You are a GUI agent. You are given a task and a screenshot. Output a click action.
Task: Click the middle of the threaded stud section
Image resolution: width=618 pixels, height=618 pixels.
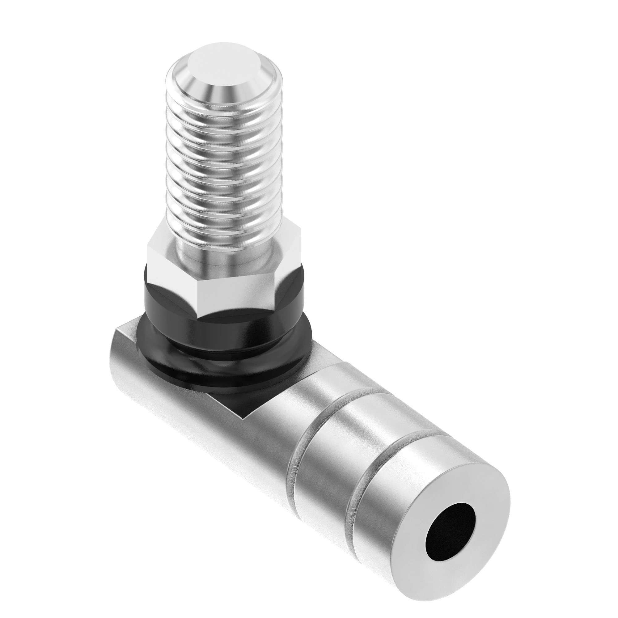pos(224,166)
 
